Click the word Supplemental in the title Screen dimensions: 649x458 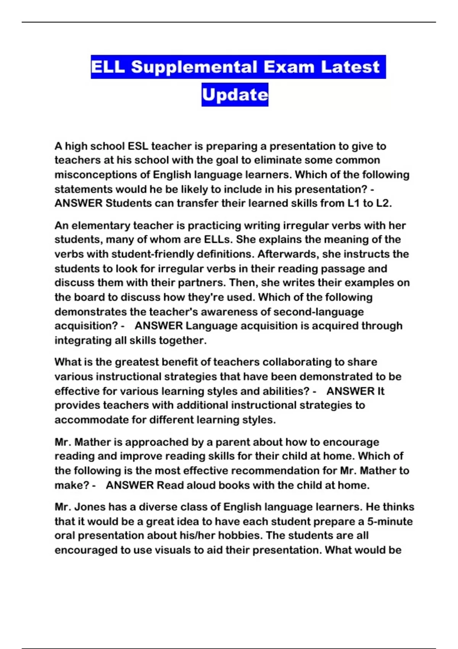tap(194, 67)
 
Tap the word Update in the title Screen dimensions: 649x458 tap(235, 95)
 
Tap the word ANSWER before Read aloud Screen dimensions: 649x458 tap(130, 485)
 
